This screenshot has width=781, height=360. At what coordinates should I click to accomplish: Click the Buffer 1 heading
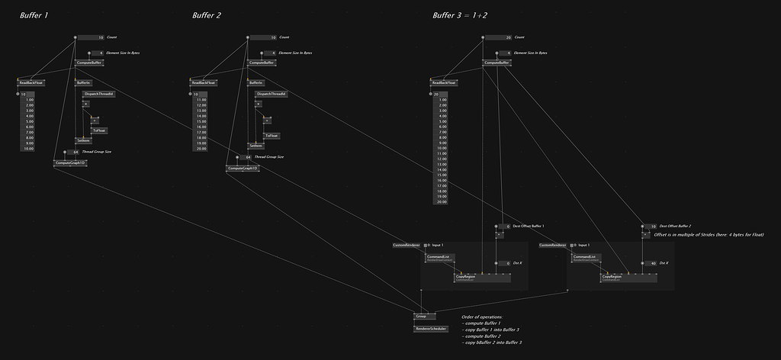34,15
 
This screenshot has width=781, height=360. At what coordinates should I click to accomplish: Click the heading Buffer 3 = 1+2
462,15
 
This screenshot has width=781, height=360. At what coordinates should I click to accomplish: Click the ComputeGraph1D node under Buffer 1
70,162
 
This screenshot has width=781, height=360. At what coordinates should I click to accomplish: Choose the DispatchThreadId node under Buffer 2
271,94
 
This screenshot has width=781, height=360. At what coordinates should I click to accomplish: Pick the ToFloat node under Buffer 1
98,130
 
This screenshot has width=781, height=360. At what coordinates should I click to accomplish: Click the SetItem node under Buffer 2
255,145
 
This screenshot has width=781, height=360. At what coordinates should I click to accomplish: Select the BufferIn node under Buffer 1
83,82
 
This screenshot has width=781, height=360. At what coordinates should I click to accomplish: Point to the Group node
421,315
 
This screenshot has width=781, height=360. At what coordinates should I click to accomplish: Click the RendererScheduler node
431,329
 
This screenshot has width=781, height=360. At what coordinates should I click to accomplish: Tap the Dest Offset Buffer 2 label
675,226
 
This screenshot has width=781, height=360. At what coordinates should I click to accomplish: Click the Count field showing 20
509,37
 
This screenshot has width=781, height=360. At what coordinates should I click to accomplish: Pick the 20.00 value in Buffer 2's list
201,149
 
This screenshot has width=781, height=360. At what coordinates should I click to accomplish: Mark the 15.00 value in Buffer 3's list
442,175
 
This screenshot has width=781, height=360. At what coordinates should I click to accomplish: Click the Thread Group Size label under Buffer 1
97,151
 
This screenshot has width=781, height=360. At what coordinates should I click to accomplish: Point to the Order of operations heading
482,317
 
